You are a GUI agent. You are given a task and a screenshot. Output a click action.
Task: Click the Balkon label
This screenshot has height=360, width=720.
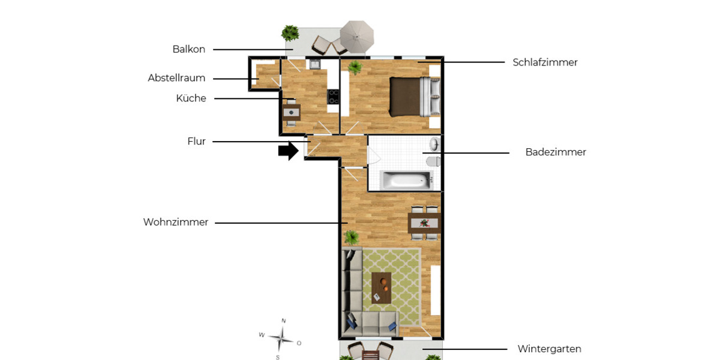point(188,49)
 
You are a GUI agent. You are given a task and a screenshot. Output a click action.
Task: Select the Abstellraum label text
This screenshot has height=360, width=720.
point(176,78)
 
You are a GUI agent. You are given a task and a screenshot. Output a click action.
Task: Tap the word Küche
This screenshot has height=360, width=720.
point(191,98)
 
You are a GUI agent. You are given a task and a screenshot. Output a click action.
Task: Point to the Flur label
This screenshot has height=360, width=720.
point(196,142)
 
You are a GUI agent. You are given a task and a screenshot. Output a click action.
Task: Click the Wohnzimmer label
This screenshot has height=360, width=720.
point(175,222)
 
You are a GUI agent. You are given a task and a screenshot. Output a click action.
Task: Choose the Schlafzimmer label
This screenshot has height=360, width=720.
point(545,62)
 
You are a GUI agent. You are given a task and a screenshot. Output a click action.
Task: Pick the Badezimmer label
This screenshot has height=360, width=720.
point(555,152)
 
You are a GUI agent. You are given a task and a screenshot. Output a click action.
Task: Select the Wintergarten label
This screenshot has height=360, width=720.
point(549,349)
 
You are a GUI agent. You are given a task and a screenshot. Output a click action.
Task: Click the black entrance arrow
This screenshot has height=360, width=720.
point(288,151)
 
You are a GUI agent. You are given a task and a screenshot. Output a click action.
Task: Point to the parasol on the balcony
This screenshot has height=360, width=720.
point(356,36)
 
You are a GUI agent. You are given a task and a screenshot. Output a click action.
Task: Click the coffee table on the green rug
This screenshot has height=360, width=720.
point(381,287)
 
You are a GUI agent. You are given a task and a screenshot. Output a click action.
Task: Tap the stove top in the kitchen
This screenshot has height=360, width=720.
point(333,97)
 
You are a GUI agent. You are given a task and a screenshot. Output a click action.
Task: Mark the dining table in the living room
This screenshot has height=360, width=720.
point(424,224)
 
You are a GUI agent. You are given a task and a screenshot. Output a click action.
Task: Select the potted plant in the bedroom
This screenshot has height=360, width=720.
point(355,67)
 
